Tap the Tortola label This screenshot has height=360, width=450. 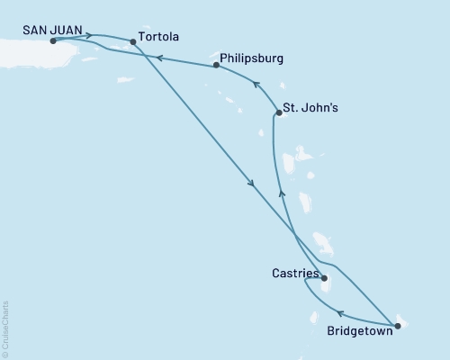tap(159, 39)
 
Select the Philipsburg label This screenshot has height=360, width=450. tap(253, 58)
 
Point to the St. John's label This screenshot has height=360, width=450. tap(310, 108)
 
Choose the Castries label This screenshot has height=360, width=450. tap(293, 271)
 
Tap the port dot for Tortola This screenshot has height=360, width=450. tap(133, 41)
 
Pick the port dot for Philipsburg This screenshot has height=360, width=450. tap(216, 65)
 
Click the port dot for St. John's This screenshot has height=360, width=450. tap(278, 112)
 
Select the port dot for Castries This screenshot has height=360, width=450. tap(324, 278)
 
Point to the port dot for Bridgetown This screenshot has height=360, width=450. tap(398, 325)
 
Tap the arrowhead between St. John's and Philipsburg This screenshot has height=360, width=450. tap(256, 86)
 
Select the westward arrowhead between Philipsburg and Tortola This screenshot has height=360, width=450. tap(158, 58)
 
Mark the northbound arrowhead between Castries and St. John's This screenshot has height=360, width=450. tap(281, 193)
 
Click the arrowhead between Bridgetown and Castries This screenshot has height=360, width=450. tap(341, 314)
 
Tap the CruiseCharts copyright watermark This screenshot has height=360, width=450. tap(5, 328)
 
